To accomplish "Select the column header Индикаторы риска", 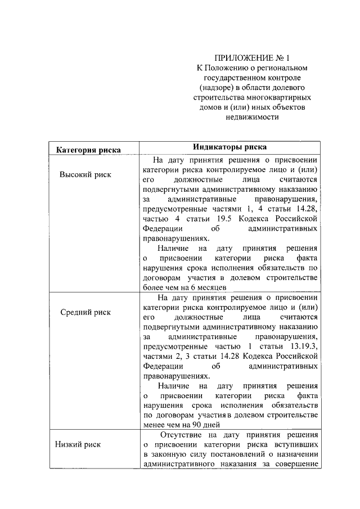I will point(230,148).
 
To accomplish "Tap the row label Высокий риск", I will point(85,174).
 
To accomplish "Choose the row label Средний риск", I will point(85,312).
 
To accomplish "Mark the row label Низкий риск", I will point(78,444).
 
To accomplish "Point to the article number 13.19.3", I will point(304,346).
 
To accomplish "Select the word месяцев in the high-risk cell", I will point(210,287).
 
